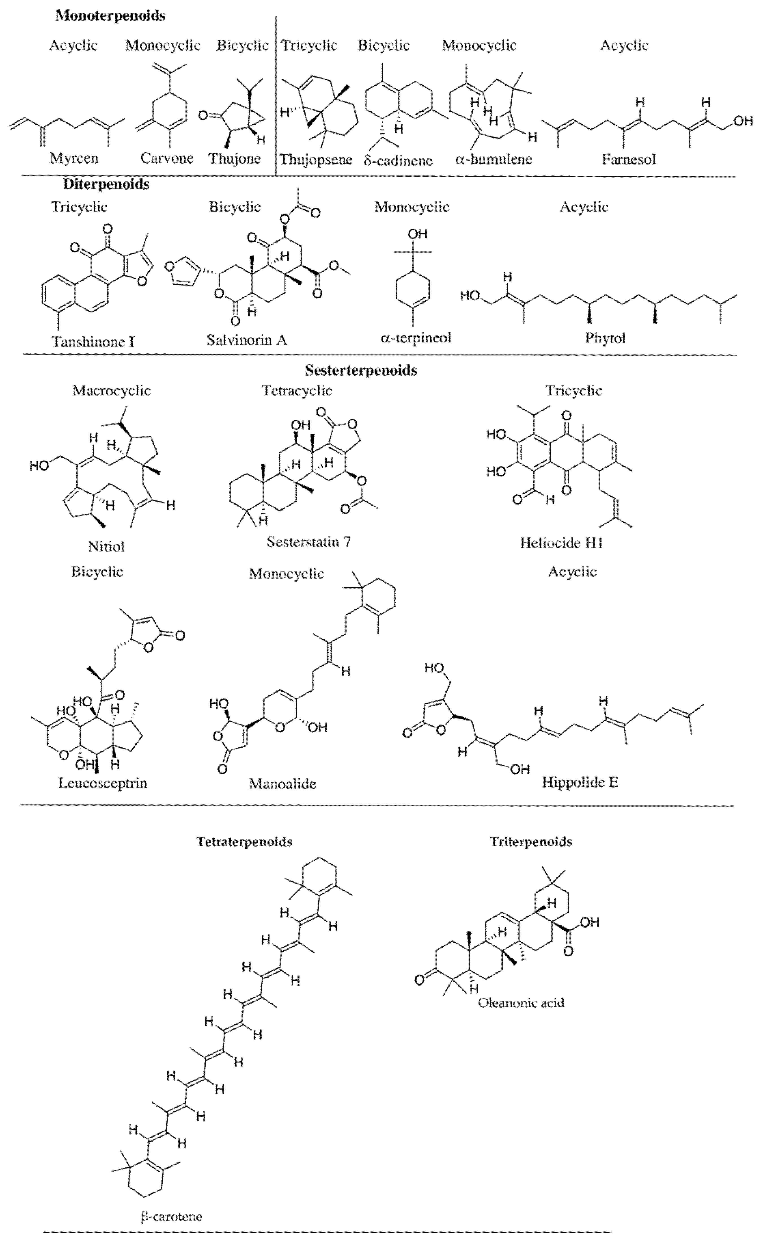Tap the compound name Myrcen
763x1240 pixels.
coord(74,158)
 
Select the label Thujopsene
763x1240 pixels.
coord(316,160)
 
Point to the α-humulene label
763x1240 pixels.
coord(494,159)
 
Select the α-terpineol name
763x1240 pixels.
coord(416,338)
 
